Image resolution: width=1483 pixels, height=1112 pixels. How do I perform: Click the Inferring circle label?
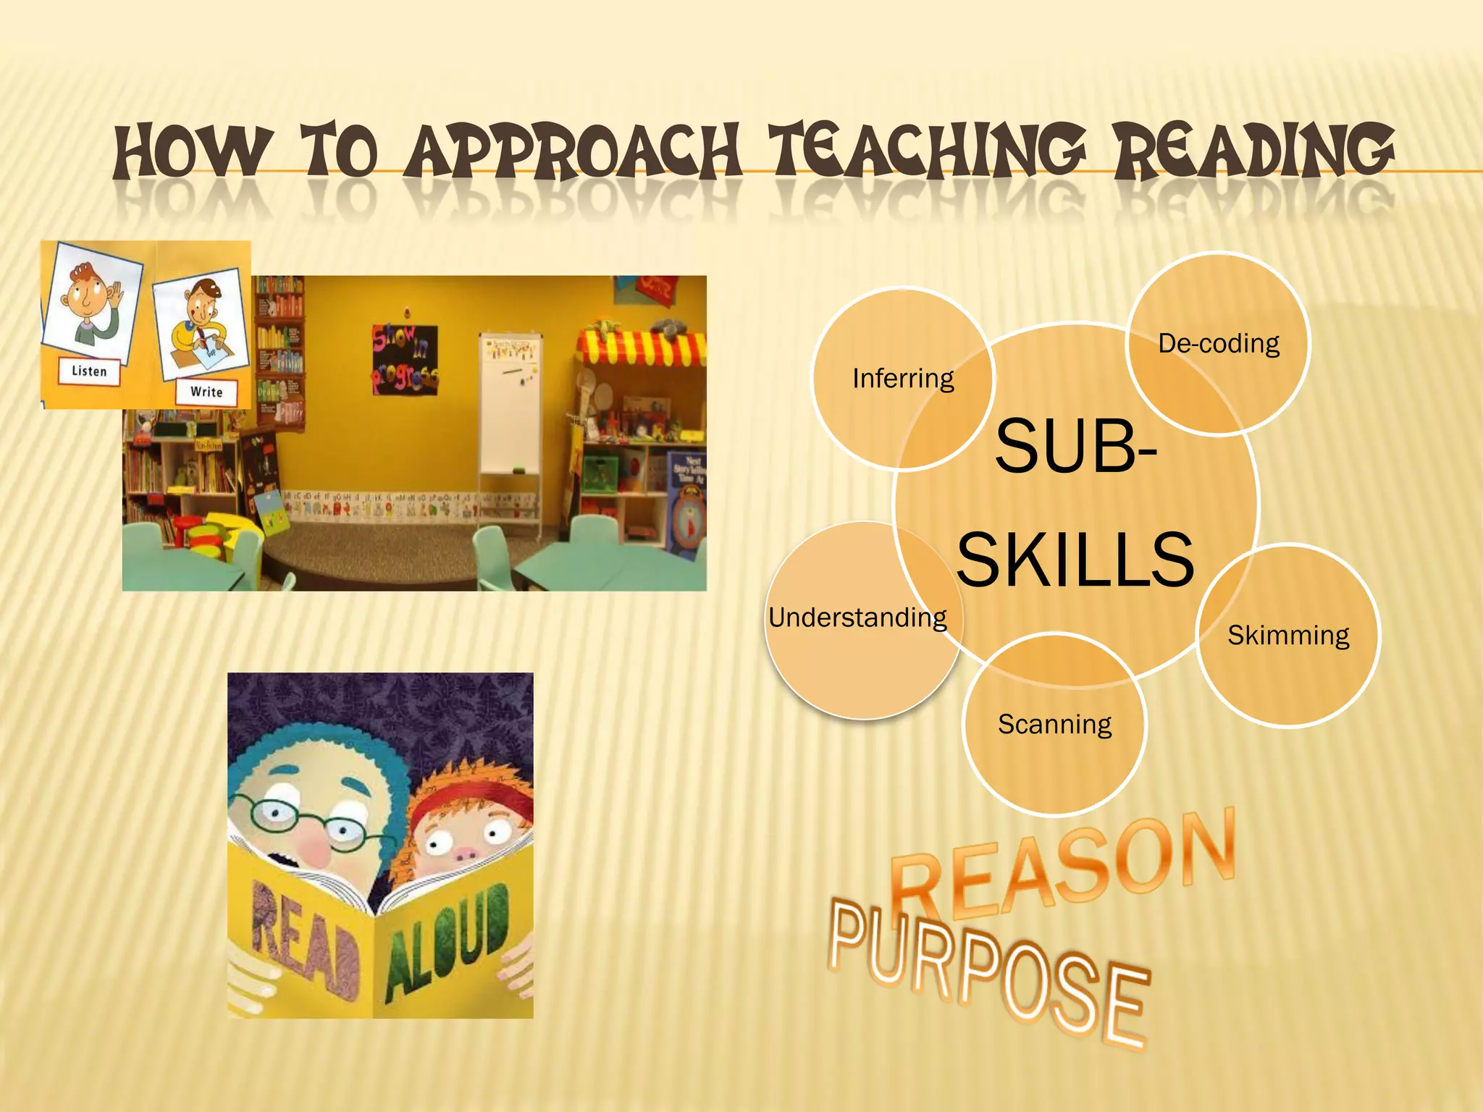(x=903, y=379)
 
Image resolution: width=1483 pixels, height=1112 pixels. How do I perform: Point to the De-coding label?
(x=1219, y=343)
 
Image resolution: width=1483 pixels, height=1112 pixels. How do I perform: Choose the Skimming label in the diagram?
(x=1288, y=636)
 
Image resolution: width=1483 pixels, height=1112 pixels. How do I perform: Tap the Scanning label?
(x=1054, y=724)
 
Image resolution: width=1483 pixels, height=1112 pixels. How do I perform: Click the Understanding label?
(x=857, y=618)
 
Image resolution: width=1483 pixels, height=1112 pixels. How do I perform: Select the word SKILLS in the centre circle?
(x=1075, y=560)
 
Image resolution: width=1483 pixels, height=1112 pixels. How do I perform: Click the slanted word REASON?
(x=1064, y=865)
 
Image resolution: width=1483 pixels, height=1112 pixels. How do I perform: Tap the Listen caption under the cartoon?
(x=89, y=371)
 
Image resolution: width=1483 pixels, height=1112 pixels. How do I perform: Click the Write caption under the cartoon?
(x=206, y=392)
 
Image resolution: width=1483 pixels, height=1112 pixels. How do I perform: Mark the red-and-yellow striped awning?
(x=641, y=348)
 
